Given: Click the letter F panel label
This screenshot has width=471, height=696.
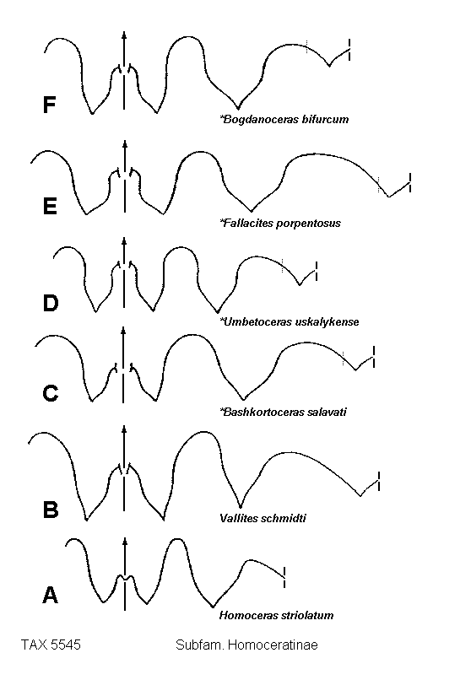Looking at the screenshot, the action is [x=49, y=105].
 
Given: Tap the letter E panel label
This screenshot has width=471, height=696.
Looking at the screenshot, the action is [x=50, y=207].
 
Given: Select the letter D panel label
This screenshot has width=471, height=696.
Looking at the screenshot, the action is [x=50, y=303].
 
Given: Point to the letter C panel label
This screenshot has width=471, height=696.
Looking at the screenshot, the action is [x=51, y=393].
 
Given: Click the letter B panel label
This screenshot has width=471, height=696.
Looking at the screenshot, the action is [x=51, y=510].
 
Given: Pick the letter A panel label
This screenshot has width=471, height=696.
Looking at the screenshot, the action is [x=50, y=596].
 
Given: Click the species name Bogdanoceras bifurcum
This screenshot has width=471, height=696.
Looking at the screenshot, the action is [x=284, y=120].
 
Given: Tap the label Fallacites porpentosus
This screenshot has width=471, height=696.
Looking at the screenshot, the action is [x=280, y=223].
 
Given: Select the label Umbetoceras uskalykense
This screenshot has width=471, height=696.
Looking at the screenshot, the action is [x=290, y=321].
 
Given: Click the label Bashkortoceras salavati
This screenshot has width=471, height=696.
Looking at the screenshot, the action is [x=284, y=412].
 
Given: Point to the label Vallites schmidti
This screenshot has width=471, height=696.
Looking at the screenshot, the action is [x=263, y=519].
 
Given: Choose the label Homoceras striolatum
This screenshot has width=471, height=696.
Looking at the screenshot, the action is [x=276, y=616].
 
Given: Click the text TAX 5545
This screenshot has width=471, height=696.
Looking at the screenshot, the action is [x=51, y=645].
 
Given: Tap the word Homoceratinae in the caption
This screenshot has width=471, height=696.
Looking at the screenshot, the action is [x=273, y=645].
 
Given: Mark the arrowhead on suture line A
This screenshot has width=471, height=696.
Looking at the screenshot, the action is [x=125, y=541].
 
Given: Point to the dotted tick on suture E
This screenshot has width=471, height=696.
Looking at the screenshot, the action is [x=378, y=184].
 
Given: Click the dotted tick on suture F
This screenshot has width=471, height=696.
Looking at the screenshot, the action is [x=306, y=46].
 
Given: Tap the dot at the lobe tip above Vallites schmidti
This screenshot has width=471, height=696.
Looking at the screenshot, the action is [x=241, y=506].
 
